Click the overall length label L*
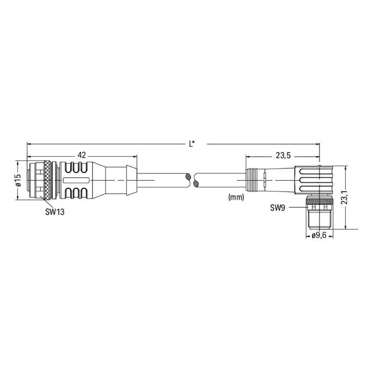click(192, 144)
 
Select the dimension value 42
click(82, 155)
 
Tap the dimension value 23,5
click(283, 155)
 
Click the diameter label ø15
click(18, 180)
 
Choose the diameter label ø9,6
click(319, 236)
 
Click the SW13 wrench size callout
click(55, 211)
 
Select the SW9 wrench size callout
click(278, 208)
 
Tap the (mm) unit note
click(236, 197)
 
